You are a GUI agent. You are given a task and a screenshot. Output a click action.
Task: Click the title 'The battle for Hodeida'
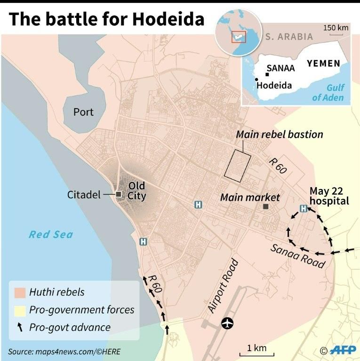pos(106,19)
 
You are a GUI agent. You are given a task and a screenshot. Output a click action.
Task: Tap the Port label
pos(83,112)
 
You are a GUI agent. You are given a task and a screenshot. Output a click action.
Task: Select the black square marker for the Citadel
pos(119,194)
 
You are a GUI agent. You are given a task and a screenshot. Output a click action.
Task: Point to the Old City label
pos(136,191)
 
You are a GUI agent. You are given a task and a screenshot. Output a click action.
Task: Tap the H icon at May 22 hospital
pos(304,209)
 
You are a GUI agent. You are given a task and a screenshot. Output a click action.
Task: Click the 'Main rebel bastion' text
pos(280,134)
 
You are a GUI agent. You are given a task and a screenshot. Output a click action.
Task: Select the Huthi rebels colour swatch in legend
pos(19,292)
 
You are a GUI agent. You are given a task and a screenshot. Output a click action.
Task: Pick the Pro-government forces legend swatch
pos(19,310)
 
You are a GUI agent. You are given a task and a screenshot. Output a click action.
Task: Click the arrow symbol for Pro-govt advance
pos(19,328)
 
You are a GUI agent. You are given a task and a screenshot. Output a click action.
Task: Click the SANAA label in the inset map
pos(280,68)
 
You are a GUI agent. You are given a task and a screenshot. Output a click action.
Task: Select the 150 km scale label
pos(336,28)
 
